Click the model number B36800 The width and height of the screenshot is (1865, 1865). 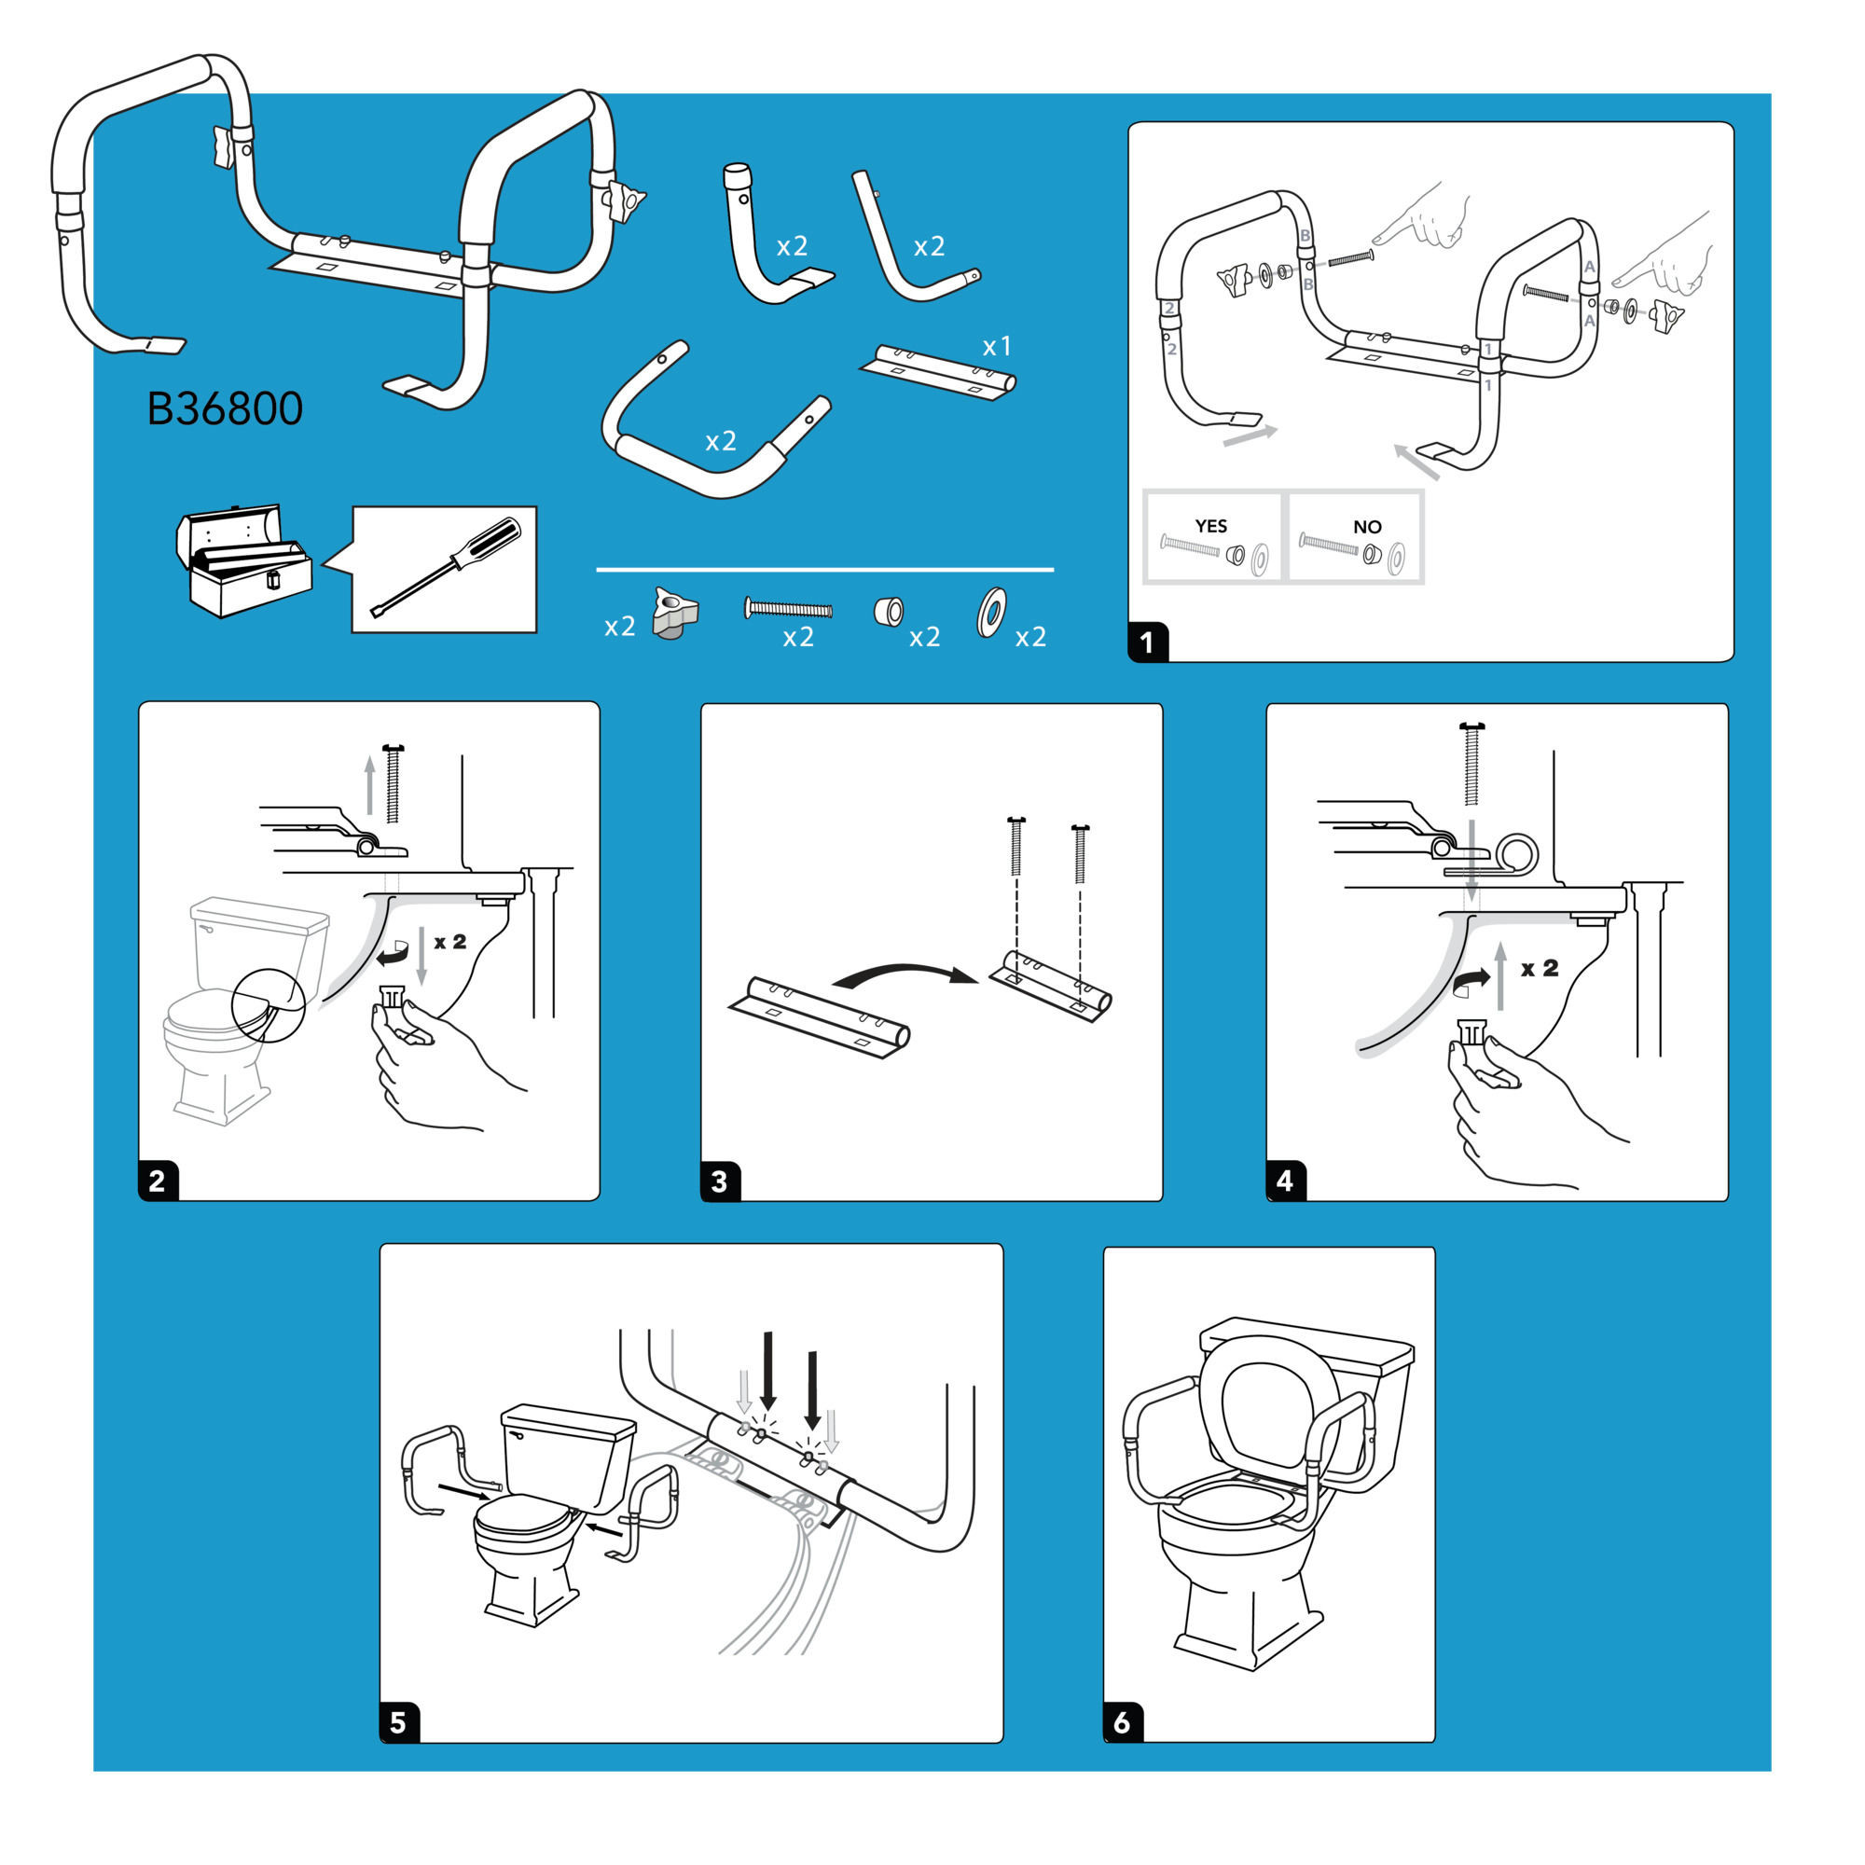coord(224,409)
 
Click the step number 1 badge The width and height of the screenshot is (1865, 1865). coord(1148,642)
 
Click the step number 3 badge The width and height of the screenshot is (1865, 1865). coord(719,1181)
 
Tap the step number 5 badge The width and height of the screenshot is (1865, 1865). coord(399,1723)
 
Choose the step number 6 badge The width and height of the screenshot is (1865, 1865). coord(1123,1723)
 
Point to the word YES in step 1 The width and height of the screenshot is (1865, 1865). coord(1210,526)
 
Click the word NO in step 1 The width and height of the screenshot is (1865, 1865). coord(1367,527)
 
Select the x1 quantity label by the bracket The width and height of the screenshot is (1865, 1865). coord(996,347)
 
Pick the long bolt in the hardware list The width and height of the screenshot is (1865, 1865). coord(788,608)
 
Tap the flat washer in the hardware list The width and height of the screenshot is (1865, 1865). coord(991,612)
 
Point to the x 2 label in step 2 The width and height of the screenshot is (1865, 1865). coord(449,942)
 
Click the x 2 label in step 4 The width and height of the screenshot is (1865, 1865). coord(1539,968)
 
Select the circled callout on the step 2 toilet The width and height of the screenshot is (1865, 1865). coord(269,1005)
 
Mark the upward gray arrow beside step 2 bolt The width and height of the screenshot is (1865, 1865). coord(369,785)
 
